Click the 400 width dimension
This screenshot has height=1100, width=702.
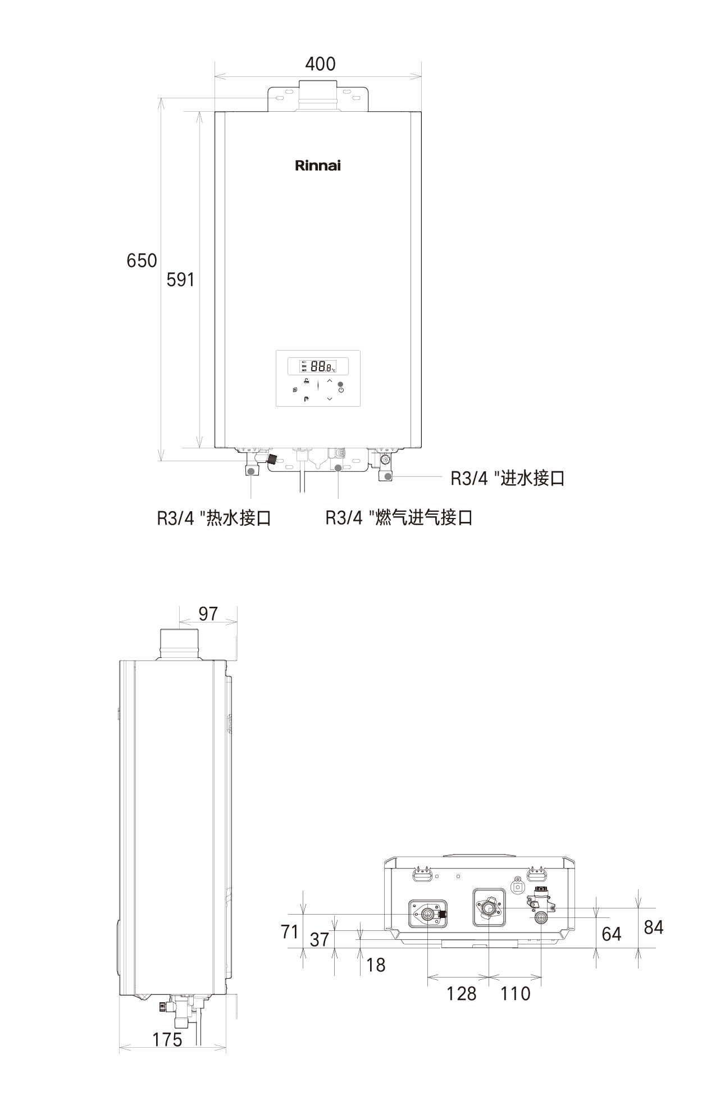320,64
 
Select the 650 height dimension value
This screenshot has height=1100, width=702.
142,261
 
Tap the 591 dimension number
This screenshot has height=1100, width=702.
180,279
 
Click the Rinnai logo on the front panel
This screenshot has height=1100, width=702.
318,166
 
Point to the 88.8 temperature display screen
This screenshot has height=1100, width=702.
318,367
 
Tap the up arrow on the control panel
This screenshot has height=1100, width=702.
330,381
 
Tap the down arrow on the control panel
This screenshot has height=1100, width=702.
330,399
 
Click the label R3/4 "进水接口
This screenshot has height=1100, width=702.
508,478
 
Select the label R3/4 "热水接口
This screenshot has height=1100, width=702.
214,517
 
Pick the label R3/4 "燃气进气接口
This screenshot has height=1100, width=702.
399,517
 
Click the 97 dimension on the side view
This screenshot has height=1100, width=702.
208,613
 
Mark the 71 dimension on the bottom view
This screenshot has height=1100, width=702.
290,931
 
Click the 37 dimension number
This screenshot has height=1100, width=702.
320,939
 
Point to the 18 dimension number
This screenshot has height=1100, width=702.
376,965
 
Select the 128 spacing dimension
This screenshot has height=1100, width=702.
461,993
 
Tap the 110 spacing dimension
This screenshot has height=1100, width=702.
515,993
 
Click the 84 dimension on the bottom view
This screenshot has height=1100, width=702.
654,927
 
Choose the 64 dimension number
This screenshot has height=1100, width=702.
611,934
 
